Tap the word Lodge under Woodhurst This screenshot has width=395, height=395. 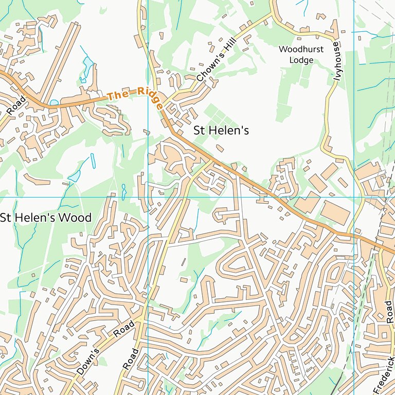pyautogui.click(x=301, y=60)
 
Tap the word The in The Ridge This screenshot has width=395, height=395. pyautogui.click(x=116, y=96)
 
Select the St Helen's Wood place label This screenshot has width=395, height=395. pyautogui.click(x=45, y=218)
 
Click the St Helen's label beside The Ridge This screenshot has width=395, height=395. pyautogui.click(x=221, y=131)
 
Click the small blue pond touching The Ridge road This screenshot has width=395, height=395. pyautogui.click(x=54, y=102)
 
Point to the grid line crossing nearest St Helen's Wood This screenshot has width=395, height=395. pyautogui.click(x=148, y=197)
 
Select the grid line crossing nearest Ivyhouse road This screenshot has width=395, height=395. pyautogui.click(x=354, y=197)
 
